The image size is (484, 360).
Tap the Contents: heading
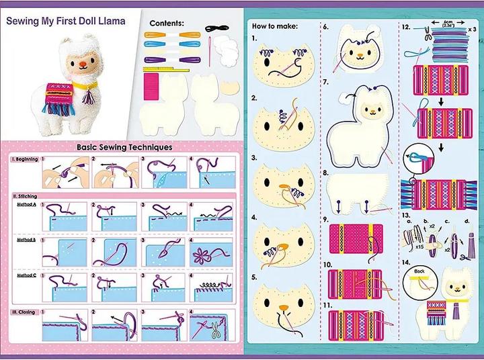coord(167,23)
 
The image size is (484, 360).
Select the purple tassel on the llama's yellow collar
coord(85,97)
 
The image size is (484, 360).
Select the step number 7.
coord(326,81)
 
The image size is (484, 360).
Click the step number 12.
coord(406,27)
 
